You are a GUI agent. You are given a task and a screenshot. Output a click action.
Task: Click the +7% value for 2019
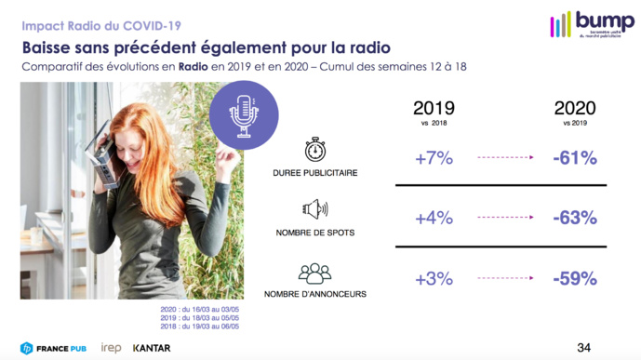434,158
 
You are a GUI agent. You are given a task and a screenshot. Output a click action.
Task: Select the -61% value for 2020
574,158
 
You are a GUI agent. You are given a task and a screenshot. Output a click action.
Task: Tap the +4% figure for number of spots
434,219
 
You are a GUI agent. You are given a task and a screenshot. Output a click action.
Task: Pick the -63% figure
574,219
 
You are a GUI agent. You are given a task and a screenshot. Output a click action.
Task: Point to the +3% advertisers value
434,279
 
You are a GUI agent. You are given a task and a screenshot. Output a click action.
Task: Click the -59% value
574,279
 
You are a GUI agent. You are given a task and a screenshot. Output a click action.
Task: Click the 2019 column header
434,109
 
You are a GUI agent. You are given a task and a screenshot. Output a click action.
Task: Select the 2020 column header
574,109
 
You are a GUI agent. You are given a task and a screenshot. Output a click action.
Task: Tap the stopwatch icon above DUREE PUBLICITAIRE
314,149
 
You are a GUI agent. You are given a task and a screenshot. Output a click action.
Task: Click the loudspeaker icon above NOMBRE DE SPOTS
314,209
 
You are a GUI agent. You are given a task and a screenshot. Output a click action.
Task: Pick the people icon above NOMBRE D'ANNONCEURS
314,273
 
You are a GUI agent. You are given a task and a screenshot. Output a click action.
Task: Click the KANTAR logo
152,348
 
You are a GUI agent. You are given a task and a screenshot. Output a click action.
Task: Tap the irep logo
111,348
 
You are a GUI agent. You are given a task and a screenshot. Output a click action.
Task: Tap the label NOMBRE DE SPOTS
314,233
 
